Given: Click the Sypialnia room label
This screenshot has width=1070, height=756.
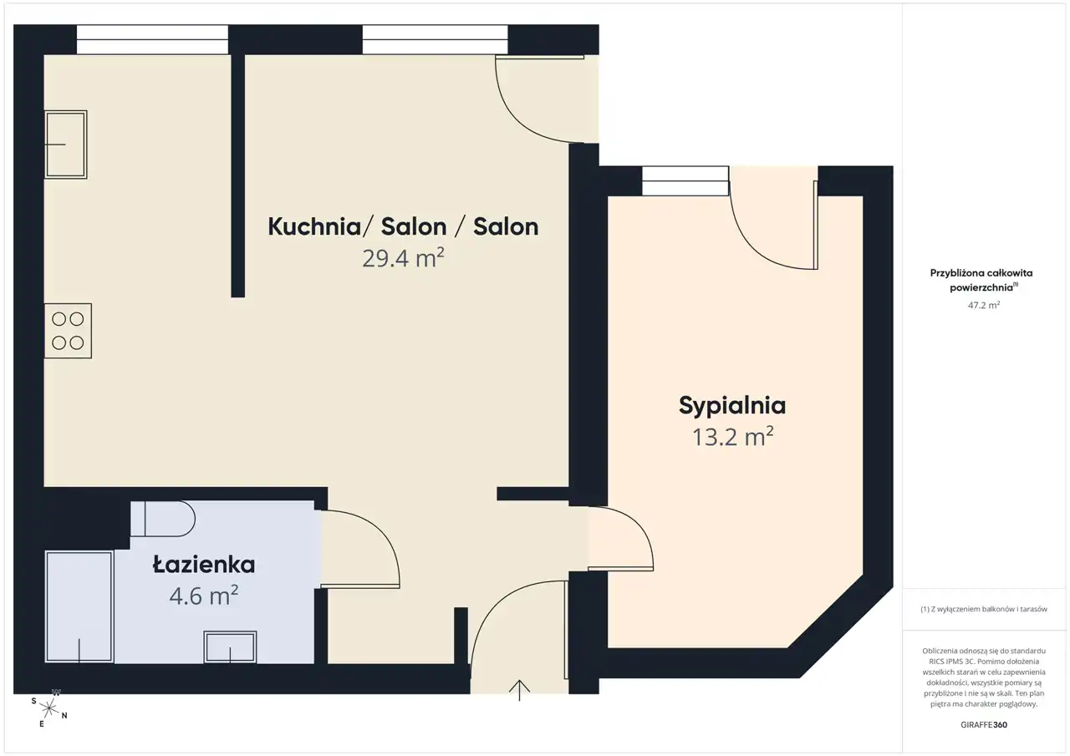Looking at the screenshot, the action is pyautogui.click(x=731, y=406).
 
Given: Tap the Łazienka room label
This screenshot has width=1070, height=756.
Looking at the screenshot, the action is pyautogui.click(x=204, y=565).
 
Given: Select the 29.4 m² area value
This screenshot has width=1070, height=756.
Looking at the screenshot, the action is pyautogui.click(x=403, y=258).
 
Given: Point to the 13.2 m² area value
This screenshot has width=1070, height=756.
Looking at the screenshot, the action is pyautogui.click(x=733, y=437).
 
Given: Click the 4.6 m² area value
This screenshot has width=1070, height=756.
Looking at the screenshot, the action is pyautogui.click(x=204, y=596).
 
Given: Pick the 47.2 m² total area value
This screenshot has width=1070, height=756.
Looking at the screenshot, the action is pyautogui.click(x=984, y=305).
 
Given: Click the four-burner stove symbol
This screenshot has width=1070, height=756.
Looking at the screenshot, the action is pyautogui.click(x=68, y=331).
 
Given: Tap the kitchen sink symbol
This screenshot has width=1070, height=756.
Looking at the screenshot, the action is pyautogui.click(x=66, y=145).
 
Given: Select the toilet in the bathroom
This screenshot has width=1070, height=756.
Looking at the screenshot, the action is pyautogui.click(x=163, y=519).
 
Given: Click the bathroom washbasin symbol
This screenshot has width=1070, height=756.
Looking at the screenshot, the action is pyautogui.click(x=230, y=647).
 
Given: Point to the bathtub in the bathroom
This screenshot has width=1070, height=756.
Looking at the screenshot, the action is pyautogui.click(x=79, y=606).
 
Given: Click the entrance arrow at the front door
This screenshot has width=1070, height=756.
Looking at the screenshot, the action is pyautogui.click(x=519, y=690).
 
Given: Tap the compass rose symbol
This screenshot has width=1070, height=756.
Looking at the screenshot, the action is pyautogui.click(x=49, y=708).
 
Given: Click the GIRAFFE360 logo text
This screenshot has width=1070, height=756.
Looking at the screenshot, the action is pyautogui.click(x=984, y=724).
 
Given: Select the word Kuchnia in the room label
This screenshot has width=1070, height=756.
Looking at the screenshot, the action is pyautogui.click(x=314, y=226).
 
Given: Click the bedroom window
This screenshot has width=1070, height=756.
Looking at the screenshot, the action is pyautogui.click(x=685, y=181).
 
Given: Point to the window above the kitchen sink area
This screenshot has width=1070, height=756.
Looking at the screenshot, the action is pyautogui.click(x=152, y=39).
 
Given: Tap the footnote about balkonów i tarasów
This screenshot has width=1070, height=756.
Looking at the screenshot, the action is pyautogui.click(x=984, y=609).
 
